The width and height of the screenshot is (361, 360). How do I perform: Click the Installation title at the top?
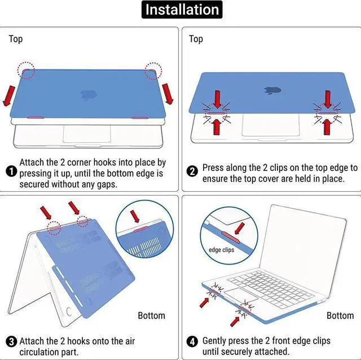click(180, 10)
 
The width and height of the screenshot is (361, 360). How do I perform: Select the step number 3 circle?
click(11, 342)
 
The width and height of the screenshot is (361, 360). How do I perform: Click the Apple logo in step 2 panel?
click(270, 89)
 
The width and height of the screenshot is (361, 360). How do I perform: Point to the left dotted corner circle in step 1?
click(26, 71)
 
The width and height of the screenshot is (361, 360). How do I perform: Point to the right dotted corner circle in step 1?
click(153, 71)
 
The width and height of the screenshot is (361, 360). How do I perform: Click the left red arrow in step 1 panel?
click(10, 95)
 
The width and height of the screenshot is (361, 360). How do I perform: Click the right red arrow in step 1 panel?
click(167, 93)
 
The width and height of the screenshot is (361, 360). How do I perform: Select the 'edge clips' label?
click(221, 249)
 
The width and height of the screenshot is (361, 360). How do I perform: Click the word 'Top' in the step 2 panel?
click(196, 39)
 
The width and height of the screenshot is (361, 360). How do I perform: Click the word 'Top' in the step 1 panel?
click(16, 39)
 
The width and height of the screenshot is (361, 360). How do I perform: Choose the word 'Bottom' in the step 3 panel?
click(152, 315)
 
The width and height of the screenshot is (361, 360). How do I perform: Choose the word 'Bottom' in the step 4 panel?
click(340, 315)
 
